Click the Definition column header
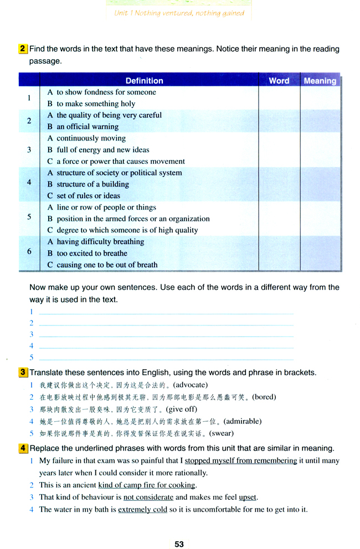click(x=144, y=81)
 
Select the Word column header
click(x=279, y=81)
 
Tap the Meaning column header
click(x=320, y=81)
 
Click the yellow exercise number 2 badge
click(x=23, y=49)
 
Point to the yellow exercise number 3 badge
click(x=23, y=372)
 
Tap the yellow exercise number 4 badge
click(x=23, y=448)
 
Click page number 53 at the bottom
click(x=179, y=544)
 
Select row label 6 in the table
click(x=29, y=251)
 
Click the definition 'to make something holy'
click(x=95, y=103)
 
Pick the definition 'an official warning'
click(x=88, y=127)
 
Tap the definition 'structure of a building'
click(x=92, y=184)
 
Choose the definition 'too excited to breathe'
click(x=91, y=253)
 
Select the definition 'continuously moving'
click(x=91, y=138)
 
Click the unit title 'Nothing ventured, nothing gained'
click(x=188, y=13)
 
